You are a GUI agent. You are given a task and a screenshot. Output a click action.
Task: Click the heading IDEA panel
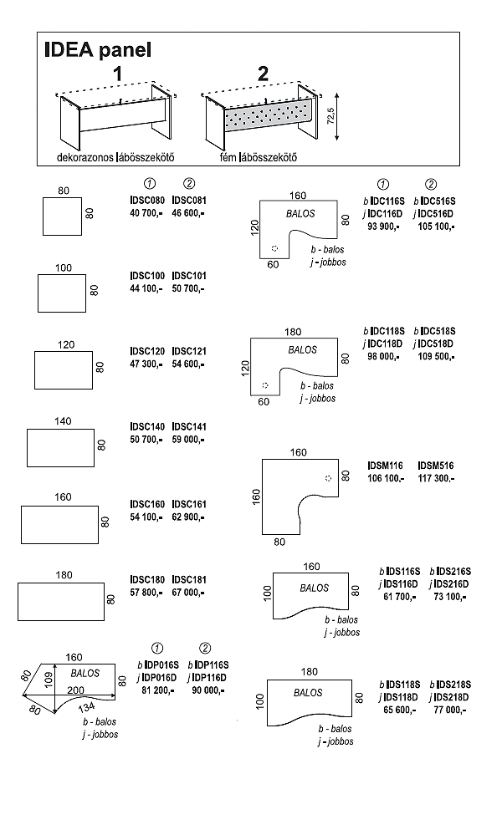pos(97,50)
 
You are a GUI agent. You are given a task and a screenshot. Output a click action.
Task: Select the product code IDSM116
pos(385,465)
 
